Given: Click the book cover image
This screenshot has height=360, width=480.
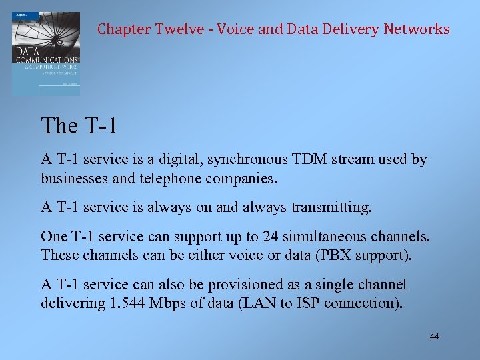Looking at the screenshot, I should click(46, 53).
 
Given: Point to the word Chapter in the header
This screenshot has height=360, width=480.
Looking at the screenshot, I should click(124, 29).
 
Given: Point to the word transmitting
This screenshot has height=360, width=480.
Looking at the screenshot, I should click(330, 207).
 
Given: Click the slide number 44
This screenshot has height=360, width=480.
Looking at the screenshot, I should click(434, 337).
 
